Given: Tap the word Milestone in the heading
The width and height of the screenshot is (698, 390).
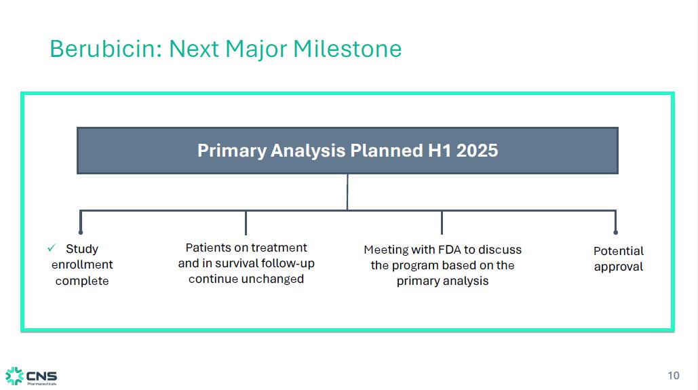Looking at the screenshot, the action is pyautogui.click(x=347, y=49).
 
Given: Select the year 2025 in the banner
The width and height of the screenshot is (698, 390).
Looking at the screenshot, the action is pyautogui.click(x=477, y=151).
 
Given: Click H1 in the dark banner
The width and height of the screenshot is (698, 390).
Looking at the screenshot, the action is pyautogui.click(x=440, y=151).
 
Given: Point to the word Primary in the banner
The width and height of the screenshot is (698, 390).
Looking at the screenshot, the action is pyautogui.click(x=231, y=151).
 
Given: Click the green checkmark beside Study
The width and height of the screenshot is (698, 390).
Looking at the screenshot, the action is pyautogui.click(x=52, y=248).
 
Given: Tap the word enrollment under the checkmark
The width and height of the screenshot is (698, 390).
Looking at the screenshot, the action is pyautogui.click(x=82, y=265).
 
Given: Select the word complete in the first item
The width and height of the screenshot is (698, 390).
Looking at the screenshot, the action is pyautogui.click(x=82, y=281).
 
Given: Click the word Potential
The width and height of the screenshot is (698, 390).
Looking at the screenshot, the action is pyautogui.click(x=619, y=251).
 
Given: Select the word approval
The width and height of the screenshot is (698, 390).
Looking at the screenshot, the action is pyautogui.click(x=619, y=267).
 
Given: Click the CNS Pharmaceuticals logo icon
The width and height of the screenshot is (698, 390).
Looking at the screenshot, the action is pyautogui.click(x=14, y=376).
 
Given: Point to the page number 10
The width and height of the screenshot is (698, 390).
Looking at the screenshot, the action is pyautogui.click(x=674, y=376).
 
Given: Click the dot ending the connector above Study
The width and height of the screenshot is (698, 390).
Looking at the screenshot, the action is pyautogui.click(x=81, y=232).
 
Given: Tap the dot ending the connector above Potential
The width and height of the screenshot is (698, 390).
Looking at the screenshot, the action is pyautogui.click(x=616, y=232).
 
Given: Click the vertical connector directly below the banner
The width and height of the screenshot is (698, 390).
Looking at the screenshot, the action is pyautogui.click(x=347, y=192).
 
